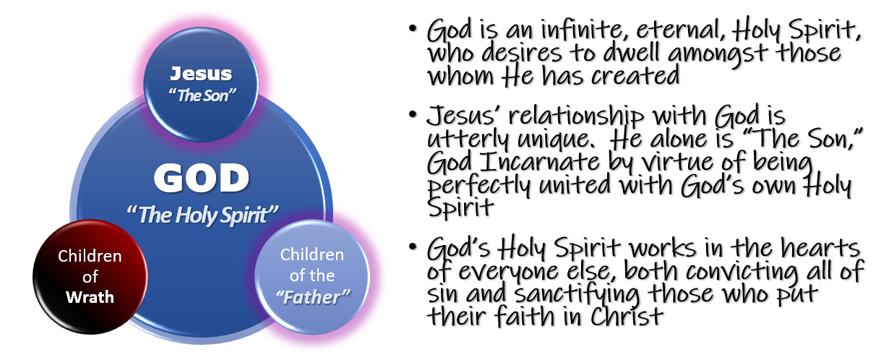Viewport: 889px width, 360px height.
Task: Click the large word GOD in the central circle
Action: click(x=202, y=177)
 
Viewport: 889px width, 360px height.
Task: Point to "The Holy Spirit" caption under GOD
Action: click(x=202, y=214)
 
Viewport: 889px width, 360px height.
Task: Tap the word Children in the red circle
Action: click(x=90, y=257)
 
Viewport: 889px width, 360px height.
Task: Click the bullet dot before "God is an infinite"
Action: click(x=412, y=30)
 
